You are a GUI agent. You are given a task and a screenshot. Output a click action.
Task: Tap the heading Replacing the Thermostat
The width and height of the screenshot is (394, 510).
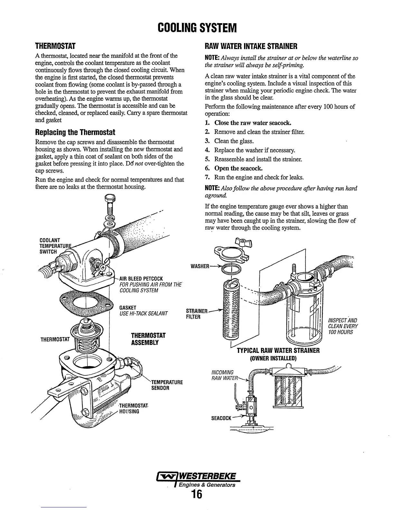coord(75,132)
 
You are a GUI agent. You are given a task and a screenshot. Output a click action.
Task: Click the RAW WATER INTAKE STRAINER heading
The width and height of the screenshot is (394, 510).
coord(251,46)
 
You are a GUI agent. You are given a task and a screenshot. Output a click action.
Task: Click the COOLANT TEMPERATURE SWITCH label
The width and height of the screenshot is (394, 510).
coord(51,246)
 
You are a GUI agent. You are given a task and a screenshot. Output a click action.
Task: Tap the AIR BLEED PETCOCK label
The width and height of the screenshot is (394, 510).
coord(141,279)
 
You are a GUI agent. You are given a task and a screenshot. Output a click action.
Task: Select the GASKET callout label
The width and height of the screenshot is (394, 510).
coord(128,307)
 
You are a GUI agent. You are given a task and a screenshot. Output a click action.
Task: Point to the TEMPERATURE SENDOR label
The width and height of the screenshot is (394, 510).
coord(167,385)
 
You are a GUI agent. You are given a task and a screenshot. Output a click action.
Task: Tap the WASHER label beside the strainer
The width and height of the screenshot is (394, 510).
coord(200,266)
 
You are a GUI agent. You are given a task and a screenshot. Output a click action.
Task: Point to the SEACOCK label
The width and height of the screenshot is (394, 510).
coord(221,418)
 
